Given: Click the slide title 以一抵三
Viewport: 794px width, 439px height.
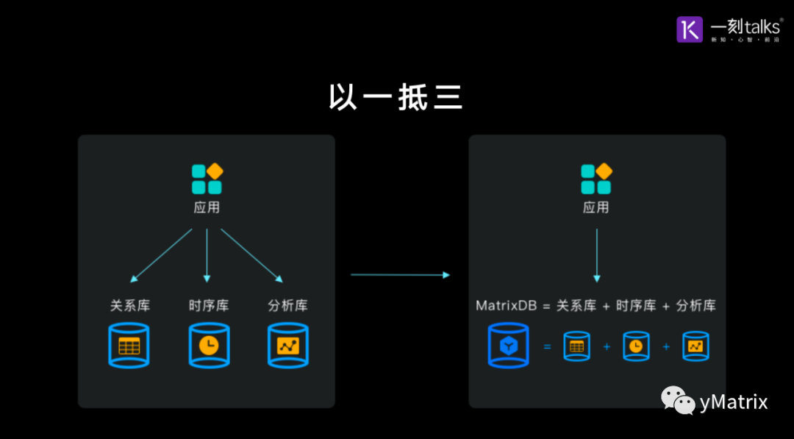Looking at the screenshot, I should tap(396, 97).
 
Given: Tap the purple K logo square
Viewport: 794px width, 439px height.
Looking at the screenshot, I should tap(690, 29).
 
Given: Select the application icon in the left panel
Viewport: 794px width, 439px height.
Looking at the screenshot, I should tap(207, 179).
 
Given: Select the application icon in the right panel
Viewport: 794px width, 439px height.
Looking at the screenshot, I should tap(596, 179).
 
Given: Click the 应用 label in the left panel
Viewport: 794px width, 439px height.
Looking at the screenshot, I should tap(207, 208).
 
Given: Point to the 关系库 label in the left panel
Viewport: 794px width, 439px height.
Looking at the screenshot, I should tap(129, 305).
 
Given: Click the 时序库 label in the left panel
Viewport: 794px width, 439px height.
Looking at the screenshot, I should tap(208, 305).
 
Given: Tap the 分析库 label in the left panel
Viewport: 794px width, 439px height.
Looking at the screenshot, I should tap(287, 305).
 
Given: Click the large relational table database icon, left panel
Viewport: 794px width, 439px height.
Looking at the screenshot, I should tap(129, 345).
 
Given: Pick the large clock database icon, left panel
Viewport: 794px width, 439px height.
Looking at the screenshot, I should tap(209, 345).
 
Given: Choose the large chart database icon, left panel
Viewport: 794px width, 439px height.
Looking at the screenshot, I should tap(287, 345).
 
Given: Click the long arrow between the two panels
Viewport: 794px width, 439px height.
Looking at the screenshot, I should tap(399, 275).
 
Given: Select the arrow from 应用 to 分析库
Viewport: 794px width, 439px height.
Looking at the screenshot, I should tap(251, 255).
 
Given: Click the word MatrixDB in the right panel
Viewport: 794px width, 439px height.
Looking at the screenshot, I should tap(507, 305).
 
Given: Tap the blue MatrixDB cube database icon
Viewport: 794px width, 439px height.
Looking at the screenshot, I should tap(508, 346).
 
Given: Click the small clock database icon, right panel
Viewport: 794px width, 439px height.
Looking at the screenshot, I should tap(636, 346).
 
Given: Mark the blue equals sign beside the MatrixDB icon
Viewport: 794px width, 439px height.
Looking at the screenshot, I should tap(546, 346).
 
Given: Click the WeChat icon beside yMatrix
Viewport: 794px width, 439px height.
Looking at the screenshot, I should tap(677, 401).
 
